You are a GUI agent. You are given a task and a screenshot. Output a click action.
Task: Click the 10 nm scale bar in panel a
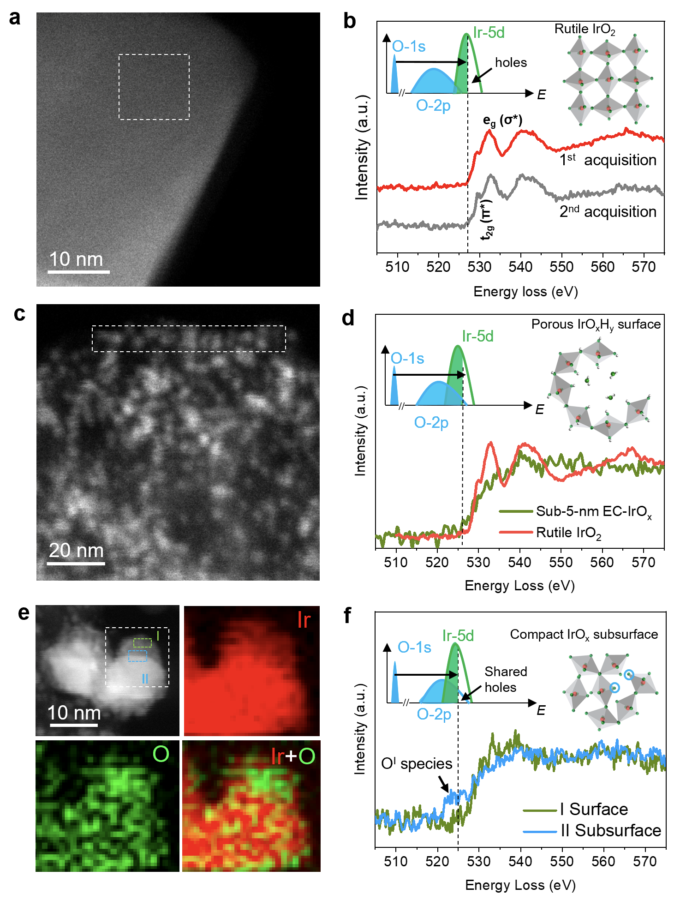click(x=78, y=271)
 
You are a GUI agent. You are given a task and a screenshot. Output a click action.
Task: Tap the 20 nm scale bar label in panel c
click(x=76, y=551)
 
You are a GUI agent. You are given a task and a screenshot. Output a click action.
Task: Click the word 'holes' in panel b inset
click(x=511, y=63)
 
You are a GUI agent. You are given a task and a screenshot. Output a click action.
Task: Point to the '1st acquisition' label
click(x=608, y=160)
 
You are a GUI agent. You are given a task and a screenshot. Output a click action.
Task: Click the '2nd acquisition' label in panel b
click(x=608, y=212)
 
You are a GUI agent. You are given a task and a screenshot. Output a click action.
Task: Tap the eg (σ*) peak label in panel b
click(x=502, y=121)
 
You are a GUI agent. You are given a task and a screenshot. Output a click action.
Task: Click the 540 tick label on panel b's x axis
click(x=520, y=267)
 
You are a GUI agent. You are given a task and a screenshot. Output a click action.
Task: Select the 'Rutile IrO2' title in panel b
click(x=585, y=30)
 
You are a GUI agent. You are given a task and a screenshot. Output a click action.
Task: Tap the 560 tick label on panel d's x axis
click(x=602, y=563)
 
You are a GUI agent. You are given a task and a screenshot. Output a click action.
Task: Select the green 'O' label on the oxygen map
click(x=161, y=754)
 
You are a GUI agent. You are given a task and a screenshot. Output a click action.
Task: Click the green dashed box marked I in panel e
click(x=142, y=642)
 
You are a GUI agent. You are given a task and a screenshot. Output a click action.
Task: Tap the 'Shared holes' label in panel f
click(x=506, y=679)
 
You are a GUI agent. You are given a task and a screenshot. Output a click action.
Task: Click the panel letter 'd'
click(x=348, y=318)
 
